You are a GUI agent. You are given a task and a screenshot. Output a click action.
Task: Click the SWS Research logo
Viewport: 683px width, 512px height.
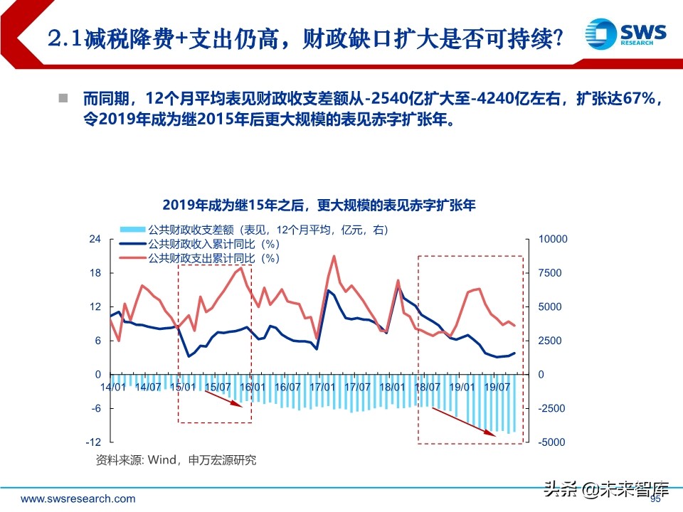click(625, 32)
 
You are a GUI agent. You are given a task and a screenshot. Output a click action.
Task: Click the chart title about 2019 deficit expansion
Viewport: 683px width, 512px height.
click(318, 206)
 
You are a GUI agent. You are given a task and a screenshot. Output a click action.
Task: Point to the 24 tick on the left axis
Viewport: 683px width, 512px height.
click(95, 239)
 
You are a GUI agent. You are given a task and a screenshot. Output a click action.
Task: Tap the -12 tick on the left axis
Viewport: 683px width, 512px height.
click(95, 442)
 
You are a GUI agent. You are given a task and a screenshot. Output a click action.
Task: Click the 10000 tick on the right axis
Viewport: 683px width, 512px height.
click(552, 239)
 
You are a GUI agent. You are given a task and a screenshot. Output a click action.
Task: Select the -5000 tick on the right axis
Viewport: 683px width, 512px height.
click(552, 442)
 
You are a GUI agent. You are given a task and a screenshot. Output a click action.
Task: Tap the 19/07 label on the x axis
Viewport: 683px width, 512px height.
click(496, 386)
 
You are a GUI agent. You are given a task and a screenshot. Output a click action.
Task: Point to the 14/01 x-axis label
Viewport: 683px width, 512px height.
click(114, 386)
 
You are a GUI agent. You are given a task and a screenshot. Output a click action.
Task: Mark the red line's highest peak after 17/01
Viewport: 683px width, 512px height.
click(334, 256)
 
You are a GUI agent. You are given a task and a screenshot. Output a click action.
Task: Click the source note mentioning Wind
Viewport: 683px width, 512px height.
click(176, 460)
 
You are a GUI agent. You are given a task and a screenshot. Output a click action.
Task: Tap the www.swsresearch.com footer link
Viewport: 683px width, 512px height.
click(78, 498)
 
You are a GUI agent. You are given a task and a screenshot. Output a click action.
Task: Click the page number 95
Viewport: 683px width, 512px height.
click(656, 500)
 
